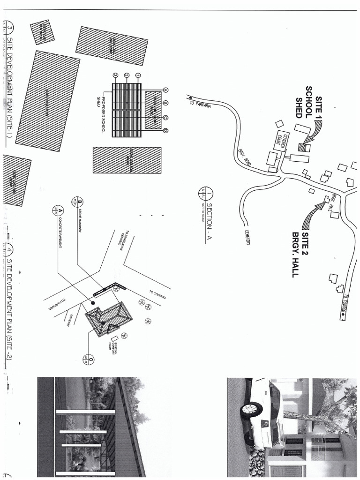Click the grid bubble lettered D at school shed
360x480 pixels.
tap(165, 131)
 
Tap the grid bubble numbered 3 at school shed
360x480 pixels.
tap(115, 75)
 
